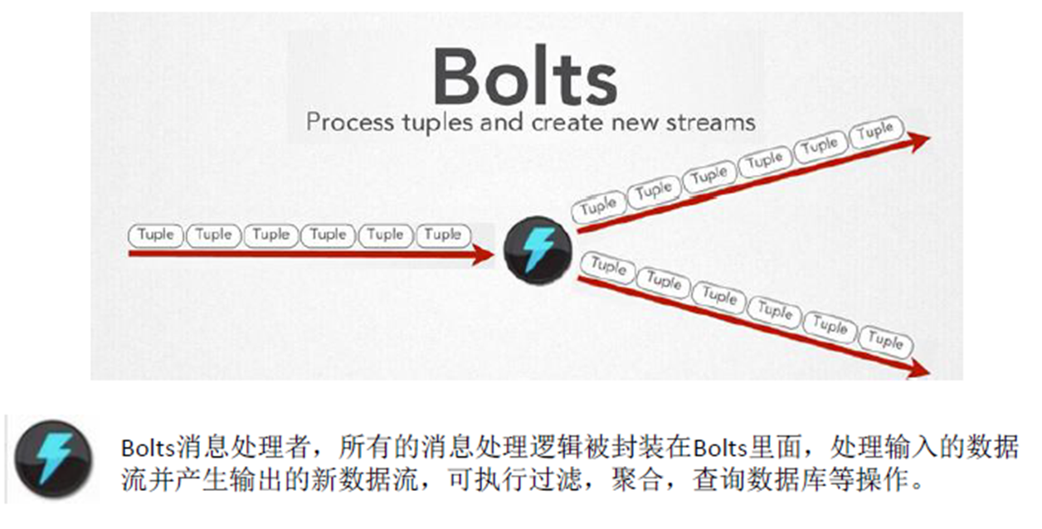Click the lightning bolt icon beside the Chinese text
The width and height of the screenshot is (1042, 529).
click(x=54, y=459)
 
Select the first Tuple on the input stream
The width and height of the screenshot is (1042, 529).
click(x=156, y=235)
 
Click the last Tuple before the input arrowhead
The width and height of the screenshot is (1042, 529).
click(x=443, y=235)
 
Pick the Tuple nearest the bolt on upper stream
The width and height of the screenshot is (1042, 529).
click(x=598, y=206)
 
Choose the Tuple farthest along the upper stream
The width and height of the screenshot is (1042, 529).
click(x=875, y=132)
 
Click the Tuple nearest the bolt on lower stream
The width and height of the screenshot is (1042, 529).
click(x=608, y=265)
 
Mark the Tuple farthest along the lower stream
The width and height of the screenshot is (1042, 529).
click(x=885, y=340)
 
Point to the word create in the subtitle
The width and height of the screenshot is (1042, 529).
click(x=565, y=123)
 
